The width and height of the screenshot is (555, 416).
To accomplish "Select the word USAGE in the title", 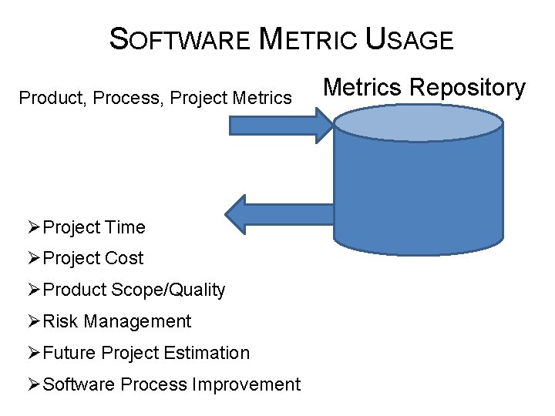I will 409,39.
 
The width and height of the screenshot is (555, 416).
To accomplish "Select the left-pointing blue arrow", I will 277,213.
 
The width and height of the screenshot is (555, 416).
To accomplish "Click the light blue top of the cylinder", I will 417,123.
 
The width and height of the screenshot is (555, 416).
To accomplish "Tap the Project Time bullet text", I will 94,227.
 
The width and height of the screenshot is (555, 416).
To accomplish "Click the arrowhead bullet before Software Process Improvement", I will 33,384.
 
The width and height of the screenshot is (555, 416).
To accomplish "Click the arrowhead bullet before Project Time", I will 33,227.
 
